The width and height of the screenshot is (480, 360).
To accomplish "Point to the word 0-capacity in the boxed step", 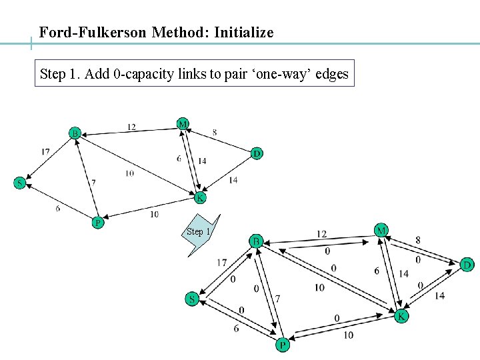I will (x=144, y=74).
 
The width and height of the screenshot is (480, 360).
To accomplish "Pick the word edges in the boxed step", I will (x=331, y=74).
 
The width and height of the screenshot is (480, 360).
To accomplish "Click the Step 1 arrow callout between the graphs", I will (x=199, y=233).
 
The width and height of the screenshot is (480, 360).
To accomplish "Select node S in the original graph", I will (x=19, y=183).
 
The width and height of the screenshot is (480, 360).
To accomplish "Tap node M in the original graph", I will (x=182, y=123).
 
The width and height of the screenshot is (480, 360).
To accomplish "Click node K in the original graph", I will (x=199, y=197).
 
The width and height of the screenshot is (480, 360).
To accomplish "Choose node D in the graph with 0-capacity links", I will (x=467, y=265).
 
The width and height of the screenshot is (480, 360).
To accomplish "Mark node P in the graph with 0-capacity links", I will (x=283, y=345).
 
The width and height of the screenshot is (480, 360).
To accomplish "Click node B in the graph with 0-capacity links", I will (x=256, y=241).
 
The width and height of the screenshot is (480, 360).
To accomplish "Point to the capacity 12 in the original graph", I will (x=131, y=127).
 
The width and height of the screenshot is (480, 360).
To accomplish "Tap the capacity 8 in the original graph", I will (x=214, y=133).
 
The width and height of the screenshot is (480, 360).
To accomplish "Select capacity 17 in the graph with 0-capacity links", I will (x=221, y=263).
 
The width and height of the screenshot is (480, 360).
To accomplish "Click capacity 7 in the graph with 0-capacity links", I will (x=277, y=298).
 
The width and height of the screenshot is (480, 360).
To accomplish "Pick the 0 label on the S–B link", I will (x=233, y=279).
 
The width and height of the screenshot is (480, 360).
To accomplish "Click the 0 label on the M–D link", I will (x=418, y=259).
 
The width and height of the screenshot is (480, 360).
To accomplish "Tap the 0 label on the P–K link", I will (x=337, y=318).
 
